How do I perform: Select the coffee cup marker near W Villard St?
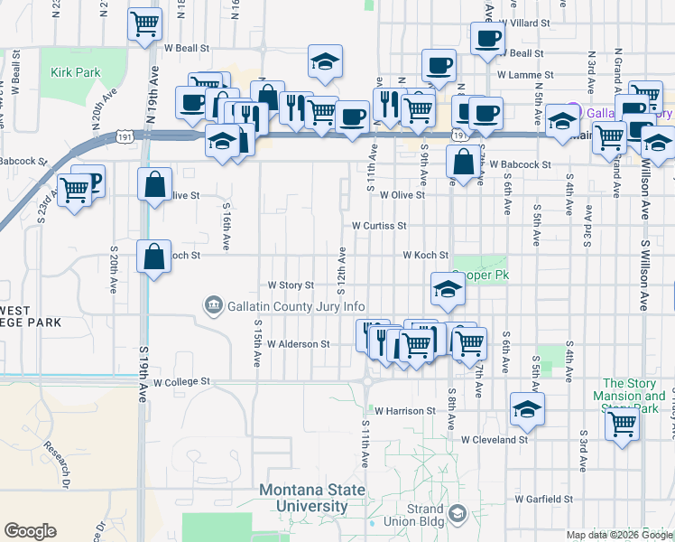[487, 38]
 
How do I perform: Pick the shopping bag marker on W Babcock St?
[463, 163]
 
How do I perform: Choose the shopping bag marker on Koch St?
[154, 256]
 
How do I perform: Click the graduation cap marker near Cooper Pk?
[447, 288]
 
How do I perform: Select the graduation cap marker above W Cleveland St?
[526, 408]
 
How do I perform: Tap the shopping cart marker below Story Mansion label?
[622, 423]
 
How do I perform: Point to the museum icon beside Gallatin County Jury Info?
[213, 306]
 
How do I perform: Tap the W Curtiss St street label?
[379, 225]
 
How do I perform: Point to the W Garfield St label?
[544, 499]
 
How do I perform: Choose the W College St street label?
[181, 382]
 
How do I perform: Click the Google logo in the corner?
[31, 531]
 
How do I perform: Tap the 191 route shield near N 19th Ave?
[125, 136]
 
